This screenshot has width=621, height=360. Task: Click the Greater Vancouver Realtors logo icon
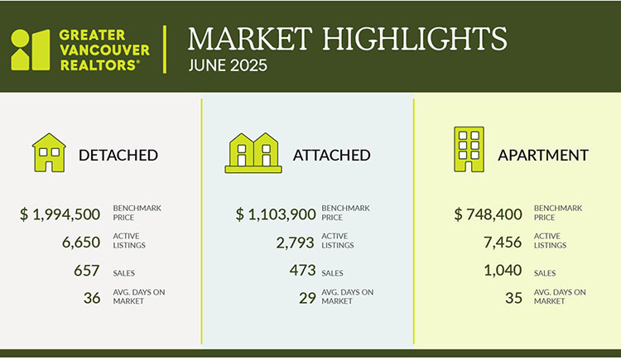click(31, 50)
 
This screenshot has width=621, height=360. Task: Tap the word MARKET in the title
click(250, 39)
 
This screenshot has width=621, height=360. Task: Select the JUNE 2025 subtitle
click(228, 65)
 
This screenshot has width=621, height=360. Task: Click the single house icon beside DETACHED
click(49, 152)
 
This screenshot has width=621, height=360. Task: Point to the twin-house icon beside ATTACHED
click(253, 153)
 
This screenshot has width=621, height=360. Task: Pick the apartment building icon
click(469, 149)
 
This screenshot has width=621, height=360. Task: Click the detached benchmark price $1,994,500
click(60, 214)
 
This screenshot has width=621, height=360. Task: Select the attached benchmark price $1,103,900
click(276, 214)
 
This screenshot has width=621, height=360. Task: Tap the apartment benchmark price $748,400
click(488, 214)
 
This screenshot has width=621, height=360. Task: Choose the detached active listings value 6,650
click(81, 242)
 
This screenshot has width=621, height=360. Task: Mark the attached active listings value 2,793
click(295, 242)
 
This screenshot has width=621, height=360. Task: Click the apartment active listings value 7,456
click(503, 242)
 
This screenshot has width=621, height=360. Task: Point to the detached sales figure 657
click(86, 271)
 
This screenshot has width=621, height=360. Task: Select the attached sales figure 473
click(302, 270)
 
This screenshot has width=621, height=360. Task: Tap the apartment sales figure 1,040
click(503, 271)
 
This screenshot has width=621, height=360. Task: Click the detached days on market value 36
click(92, 298)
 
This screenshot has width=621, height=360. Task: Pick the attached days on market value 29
click(307, 298)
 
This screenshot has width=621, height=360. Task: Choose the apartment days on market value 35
click(513, 298)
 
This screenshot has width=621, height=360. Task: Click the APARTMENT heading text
click(543, 156)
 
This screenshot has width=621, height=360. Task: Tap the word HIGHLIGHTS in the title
click(415, 39)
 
